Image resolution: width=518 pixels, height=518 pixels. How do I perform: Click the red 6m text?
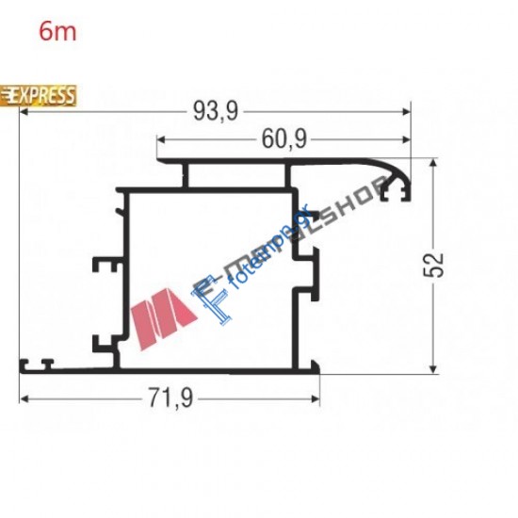point(57,30)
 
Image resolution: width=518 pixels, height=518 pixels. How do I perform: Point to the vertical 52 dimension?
point(433,266)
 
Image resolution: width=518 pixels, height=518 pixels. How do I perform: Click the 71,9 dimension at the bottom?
point(170,398)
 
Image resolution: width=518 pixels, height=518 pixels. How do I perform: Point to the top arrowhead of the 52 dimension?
point(433,162)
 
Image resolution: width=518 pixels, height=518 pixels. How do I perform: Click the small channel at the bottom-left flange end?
point(41,362)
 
